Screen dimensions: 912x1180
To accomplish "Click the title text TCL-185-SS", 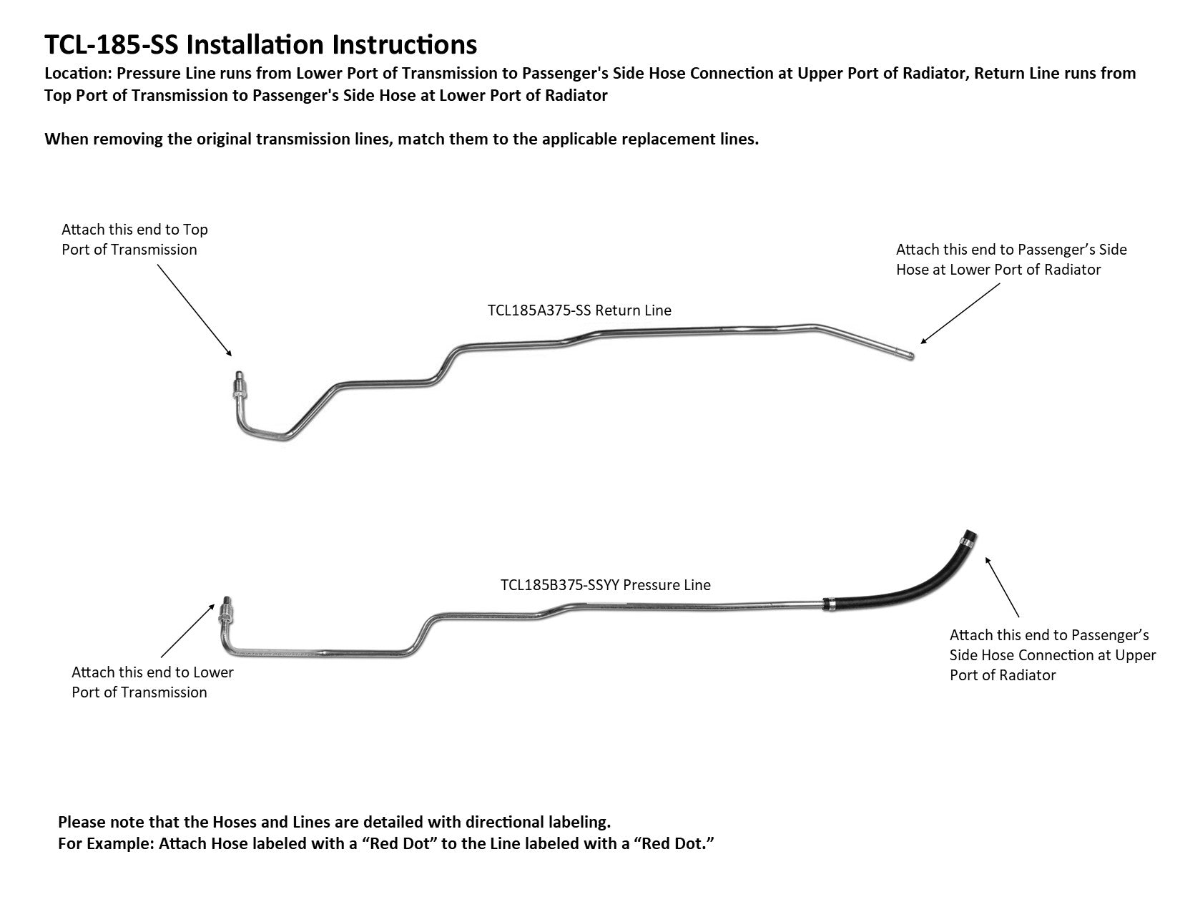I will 114,44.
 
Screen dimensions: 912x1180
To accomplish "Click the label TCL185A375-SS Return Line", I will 579,310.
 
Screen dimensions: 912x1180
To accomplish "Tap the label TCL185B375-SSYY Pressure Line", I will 606,584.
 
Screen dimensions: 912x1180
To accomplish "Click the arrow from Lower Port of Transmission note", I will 187,629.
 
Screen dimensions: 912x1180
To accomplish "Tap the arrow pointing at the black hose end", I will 1003,587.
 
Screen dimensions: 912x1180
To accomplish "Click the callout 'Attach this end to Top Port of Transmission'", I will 134,239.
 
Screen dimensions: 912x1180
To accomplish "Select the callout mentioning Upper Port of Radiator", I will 1052,654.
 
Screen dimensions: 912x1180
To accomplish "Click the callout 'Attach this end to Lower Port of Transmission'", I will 152,682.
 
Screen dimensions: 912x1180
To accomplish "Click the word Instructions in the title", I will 404,44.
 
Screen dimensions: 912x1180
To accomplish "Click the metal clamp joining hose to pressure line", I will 830,604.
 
